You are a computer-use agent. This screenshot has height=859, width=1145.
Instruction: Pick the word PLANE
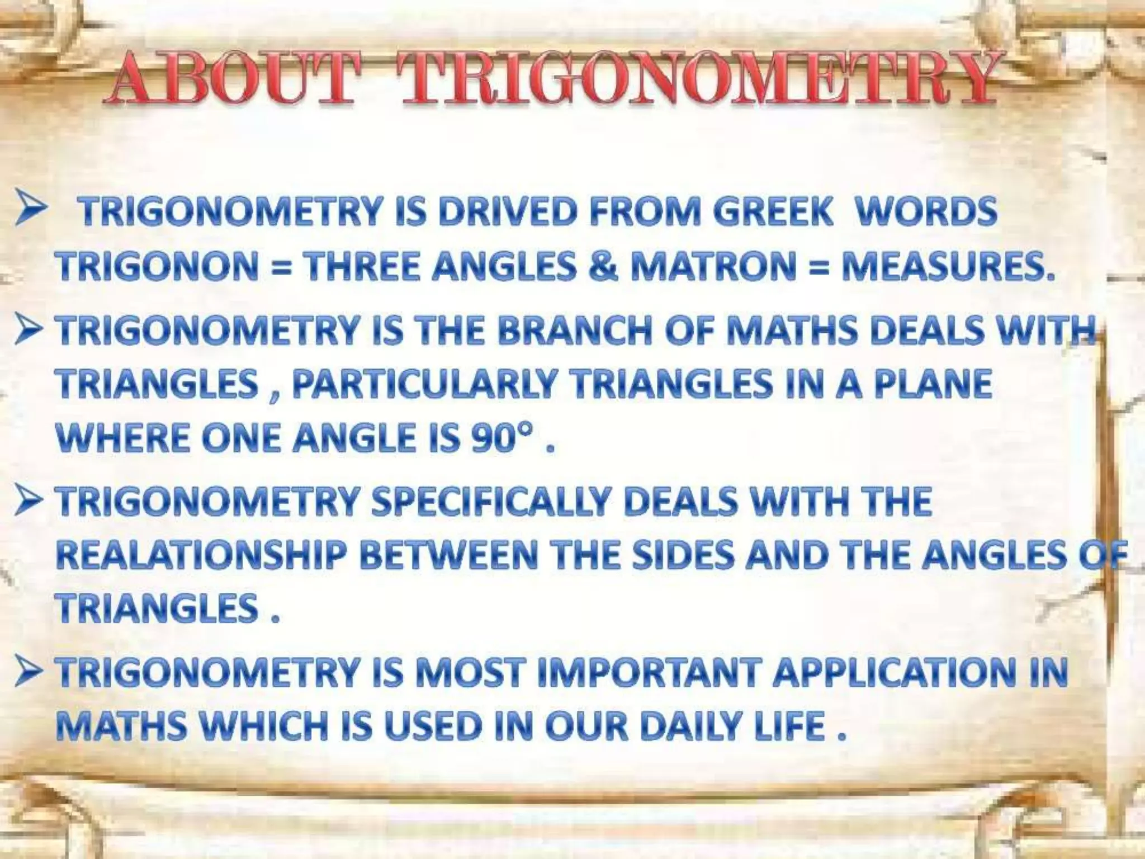(x=933, y=385)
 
